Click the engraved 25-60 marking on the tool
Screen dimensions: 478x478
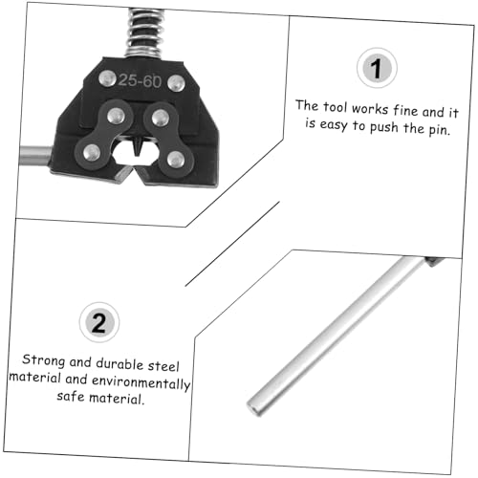(x=140, y=81)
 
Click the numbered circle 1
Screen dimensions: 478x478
(x=377, y=68)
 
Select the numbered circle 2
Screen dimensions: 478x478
(x=99, y=322)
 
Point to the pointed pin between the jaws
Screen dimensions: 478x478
(x=138, y=146)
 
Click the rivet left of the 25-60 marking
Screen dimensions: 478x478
(x=107, y=78)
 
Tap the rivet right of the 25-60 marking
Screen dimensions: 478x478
(x=176, y=83)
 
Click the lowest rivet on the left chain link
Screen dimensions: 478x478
(x=92, y=152)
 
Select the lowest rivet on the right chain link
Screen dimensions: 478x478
(x=176, y=160)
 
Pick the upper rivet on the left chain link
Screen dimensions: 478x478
(x=116, y=116)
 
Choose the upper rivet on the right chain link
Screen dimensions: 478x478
(x=161, y=118)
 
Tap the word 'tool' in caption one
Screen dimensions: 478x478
(x=335, y=107)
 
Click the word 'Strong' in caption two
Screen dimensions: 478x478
(x=44, y=360)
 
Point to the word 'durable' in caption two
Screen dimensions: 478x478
(x=119, y=363)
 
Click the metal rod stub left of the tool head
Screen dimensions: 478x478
(x=35, y=155)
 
